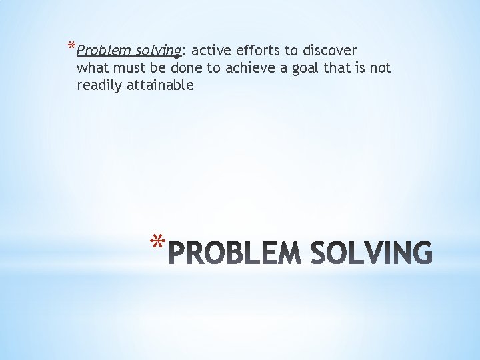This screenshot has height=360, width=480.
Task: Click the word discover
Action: click(330, 51)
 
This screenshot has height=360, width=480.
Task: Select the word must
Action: click(125, 68)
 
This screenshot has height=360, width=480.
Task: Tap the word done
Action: click(186, 68)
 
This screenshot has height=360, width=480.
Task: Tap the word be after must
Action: click(157, 68)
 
